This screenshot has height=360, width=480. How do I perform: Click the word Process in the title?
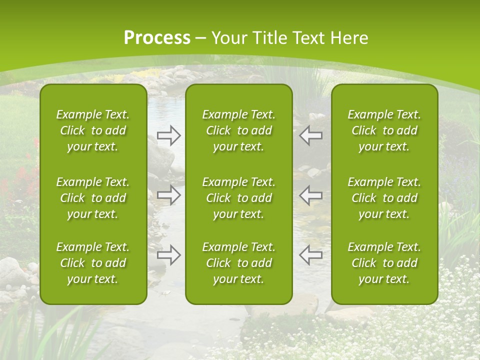pyautogui.click(x=157, y=38)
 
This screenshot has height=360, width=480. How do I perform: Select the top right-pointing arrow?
pyautogui.click(x=169, y=135)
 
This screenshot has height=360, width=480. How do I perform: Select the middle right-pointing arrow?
pyautogui.click(x=169, y=195)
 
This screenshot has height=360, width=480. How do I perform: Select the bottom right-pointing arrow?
pyautogui.click(x=169, y=255)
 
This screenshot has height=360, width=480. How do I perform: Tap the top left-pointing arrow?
pyautogui.click(x=310, y=135)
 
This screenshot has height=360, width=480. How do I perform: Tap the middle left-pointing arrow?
pyautogui.click(x=310, y=195)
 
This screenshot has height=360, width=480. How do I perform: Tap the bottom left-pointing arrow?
pyautogui.click(x=310, y=255)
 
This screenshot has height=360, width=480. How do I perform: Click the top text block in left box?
pyautogui.click(x=93, y=130)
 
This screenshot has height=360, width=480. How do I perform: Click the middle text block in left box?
pyautogui.click(x=93, y=198)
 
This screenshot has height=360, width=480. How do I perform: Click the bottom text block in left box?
pyautogui.click(x=93, y=263)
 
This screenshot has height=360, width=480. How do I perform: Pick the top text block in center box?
pyautogui.click(x=238, y=130)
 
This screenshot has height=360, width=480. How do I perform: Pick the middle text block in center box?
pyautogui.click(x=238, y=198)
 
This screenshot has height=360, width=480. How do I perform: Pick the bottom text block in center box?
pyautogui.click(x=238, y=263)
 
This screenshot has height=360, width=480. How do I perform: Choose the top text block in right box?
pyautogui.click(x=384, y=130)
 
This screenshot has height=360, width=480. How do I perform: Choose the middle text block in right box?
pyautogui.click(x=384, y=198)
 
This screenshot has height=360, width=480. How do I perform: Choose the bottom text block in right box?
pyautogui.click(x=384, y=263)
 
